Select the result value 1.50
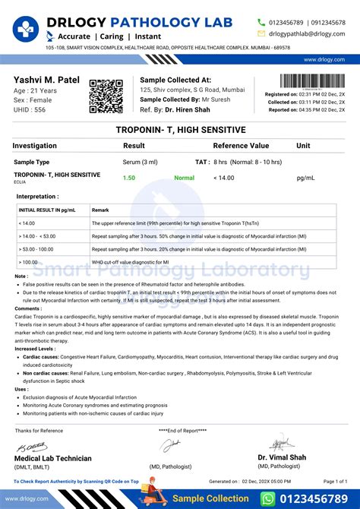point(130,178)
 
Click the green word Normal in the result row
point(185,178)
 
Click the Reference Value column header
point(241,145)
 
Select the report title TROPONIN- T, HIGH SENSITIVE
point(180,130)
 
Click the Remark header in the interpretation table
point(100,210)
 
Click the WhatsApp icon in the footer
point(268,498)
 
